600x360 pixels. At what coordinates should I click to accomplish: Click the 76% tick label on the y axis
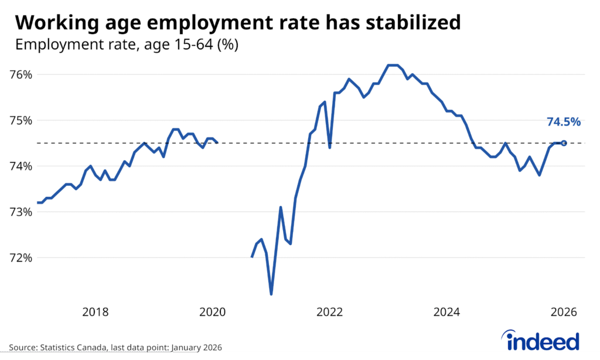click(21, 74)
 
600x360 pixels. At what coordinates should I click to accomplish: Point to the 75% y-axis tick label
click(21, 120)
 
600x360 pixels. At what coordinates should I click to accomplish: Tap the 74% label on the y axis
click(21, 166)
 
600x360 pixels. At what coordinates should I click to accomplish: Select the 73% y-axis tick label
click(21, 212)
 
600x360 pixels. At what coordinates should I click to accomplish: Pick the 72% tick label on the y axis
click(21, 257)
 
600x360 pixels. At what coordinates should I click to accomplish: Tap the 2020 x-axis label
click(213, 312)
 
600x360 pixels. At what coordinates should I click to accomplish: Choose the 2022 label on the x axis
click(330, 312)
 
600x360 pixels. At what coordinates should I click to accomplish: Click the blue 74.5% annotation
click(564, 122)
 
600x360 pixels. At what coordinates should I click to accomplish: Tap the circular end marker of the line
click(564, 143)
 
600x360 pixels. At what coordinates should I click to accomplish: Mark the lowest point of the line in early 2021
click(271, 294)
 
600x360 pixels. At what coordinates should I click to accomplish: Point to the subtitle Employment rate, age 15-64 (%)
click(126, 45)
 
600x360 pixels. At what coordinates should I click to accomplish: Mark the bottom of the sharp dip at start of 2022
click(330, 147)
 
